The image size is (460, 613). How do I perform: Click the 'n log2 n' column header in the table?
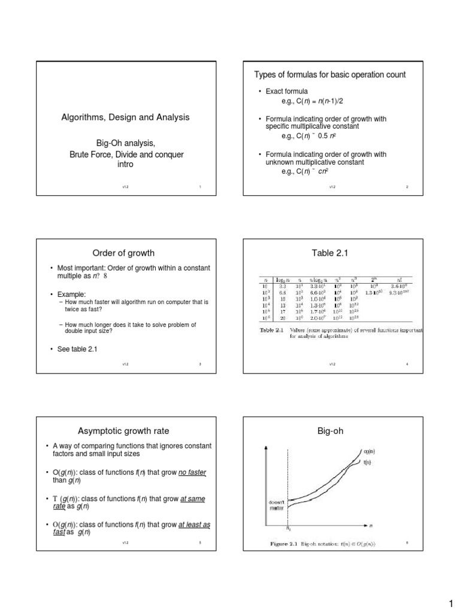[x=317, y=279]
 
